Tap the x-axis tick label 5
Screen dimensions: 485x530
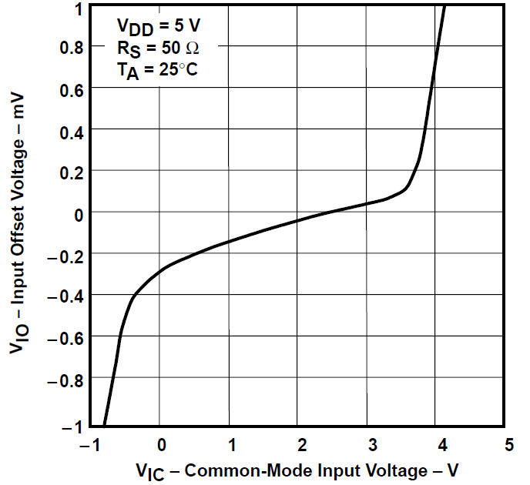point(509,445)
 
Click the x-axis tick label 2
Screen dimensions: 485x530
point(302,445)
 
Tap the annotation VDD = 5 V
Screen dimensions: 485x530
point(158,27)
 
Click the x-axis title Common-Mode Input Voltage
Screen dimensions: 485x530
point(301,468)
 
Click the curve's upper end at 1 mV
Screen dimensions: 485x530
point(444,8)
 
